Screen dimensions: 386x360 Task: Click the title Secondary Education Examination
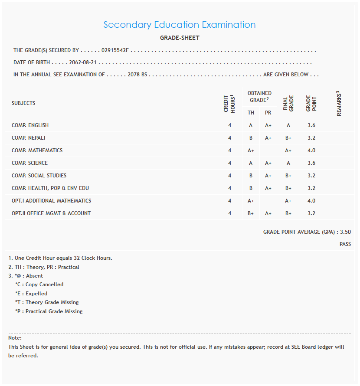(x=180, y=25)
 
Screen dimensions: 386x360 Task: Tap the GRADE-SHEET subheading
(x=180, y=38)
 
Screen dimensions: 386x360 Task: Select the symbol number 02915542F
(x=115, y=51)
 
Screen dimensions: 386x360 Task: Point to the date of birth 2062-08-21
(x=82, y=62)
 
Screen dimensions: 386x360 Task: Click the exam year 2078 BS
(x=137, y=75)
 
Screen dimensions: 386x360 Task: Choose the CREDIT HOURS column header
(x=229, y=103)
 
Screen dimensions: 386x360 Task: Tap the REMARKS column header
(x=339, y=103)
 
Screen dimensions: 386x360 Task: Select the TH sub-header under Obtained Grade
(x=251, y=113)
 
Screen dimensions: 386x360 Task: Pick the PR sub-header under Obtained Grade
(x=268, y=113)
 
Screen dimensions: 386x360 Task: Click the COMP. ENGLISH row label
(x=30, y=125)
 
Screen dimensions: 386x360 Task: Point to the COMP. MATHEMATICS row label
(x=37, y=150)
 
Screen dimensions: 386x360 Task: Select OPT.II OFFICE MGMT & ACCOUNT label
(x=51, y=213)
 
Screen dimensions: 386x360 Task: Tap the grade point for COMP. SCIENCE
(x=311, y=163)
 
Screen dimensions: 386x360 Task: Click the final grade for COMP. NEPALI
(x=288, y=138)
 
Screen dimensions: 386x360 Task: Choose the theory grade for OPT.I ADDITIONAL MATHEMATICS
(x=251, y=201)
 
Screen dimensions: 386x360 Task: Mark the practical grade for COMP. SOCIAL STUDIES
(x=268, y=176)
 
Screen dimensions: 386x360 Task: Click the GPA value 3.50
(x=346, y=232)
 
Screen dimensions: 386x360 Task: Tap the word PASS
(x=345, y=244)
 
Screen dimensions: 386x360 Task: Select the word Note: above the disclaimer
(x=15, y=338)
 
